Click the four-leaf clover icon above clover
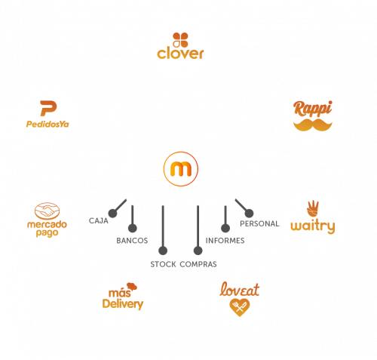(x=180, y=40)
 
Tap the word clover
(x=180, y=54)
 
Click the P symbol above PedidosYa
(x=48, y=108)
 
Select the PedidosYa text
(x=48, y=124)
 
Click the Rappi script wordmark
(x=313, y=109)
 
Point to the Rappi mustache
(x=313, y=125)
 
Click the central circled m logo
(x=181, y=169)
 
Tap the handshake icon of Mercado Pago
(x=48, y=211)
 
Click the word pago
(x=47, y=232)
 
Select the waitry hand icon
(x=313, y=208)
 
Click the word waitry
(x=313, y=226)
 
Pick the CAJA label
(x=99, y=221)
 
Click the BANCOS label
(x=132, y=241)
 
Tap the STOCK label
(x=163, y=264)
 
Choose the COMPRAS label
(x=198, y=264)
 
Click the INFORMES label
(x=225, y=241)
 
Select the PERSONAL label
(x=259, y=223)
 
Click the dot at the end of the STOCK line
(x=163, y=251)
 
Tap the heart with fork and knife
(x=240, y=307)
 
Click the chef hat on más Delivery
(x=132, y=286)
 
